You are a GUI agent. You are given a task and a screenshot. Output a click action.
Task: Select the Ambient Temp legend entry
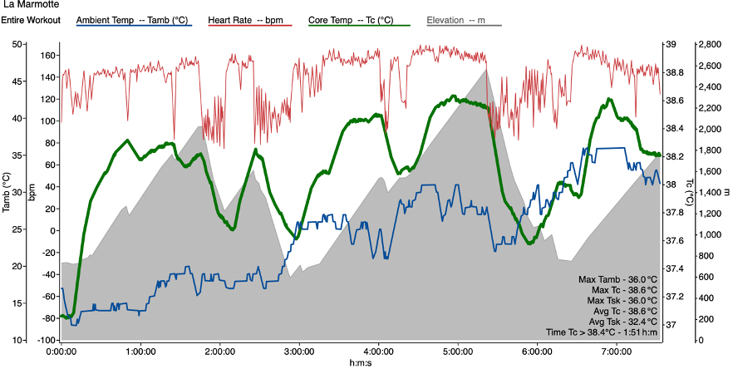point(134,19)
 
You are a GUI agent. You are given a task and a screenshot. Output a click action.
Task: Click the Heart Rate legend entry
point(248,19)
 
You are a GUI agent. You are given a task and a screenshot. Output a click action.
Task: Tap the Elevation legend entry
point(456,19)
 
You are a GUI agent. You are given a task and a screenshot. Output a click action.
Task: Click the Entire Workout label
point(31,19)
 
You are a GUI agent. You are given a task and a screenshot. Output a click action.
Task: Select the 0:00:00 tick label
point(61,352)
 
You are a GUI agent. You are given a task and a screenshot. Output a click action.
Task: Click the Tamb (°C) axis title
point(6,192)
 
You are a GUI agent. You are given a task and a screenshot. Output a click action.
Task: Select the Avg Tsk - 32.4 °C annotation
point(619,321)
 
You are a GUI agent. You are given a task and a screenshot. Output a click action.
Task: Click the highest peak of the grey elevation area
point(488,68)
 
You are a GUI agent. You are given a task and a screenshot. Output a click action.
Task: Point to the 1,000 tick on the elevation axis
point(707,234)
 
